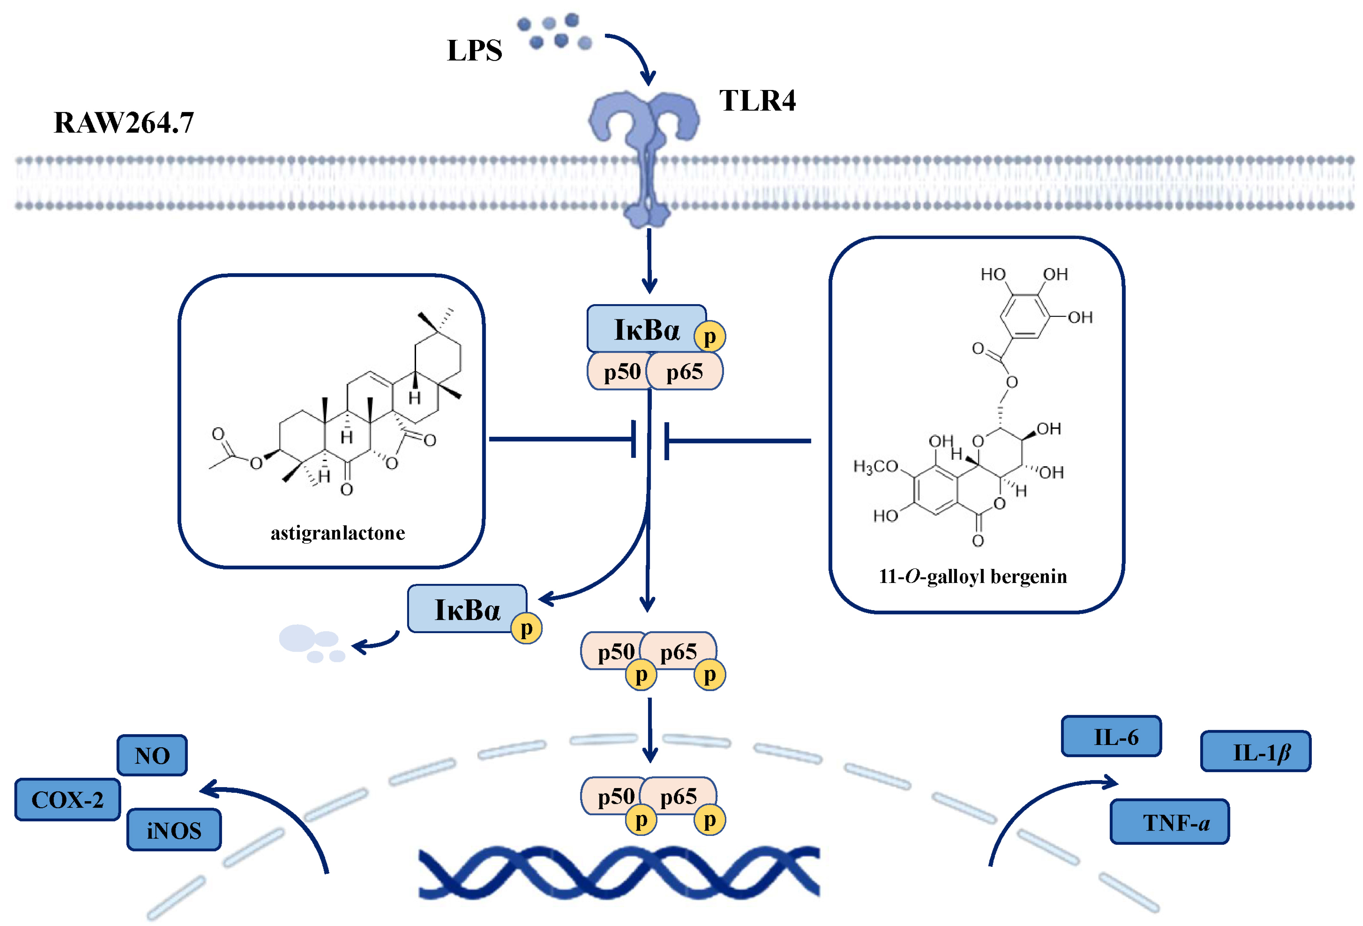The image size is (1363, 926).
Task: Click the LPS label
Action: (x=474, y=51)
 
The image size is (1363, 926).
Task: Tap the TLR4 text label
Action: (x=757, y=101)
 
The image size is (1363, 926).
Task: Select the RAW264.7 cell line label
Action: (x=124, y=122)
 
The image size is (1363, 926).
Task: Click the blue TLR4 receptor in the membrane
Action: (x=645, y=147)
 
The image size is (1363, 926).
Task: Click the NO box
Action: (x=152, y=755)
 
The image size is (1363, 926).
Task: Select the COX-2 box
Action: (x=67, y=799)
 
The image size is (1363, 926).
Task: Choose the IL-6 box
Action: (x=1111, y=737)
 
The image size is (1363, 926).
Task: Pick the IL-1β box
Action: (x=1255, y=752)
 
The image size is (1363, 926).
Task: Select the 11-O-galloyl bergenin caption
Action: (x=972, y=577)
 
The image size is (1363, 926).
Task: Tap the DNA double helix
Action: (x=619, y=872)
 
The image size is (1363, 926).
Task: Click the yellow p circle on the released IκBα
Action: (x=526, y=629)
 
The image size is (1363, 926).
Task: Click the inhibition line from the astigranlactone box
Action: (x=560, y=439)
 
